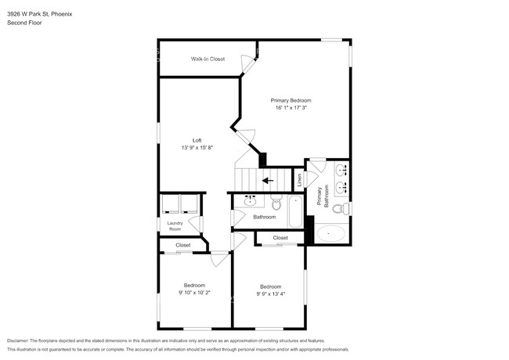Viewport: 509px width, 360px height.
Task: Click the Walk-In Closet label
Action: click(208, 59)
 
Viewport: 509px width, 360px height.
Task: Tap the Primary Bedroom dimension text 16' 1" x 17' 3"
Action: click(291, 108)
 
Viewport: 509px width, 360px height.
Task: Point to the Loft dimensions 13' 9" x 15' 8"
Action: click(197, 147)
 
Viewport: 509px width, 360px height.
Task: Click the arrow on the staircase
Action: click(267, 180)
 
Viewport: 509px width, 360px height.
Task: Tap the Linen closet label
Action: click(299, 179)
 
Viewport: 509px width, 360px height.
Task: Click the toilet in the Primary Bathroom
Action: click(339, 209)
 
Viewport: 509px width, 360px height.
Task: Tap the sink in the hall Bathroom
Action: click(251, 201)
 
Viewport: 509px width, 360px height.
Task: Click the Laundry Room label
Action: click(175, 226)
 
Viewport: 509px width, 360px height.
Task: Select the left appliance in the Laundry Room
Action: click(169, 204)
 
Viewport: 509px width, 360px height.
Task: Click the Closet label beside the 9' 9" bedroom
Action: click(280, 238)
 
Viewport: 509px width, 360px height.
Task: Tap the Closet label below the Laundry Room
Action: click(182, 246)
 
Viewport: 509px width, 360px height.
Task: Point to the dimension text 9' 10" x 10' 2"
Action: click(194, 292)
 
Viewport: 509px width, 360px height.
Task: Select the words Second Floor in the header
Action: click(24, 23)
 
